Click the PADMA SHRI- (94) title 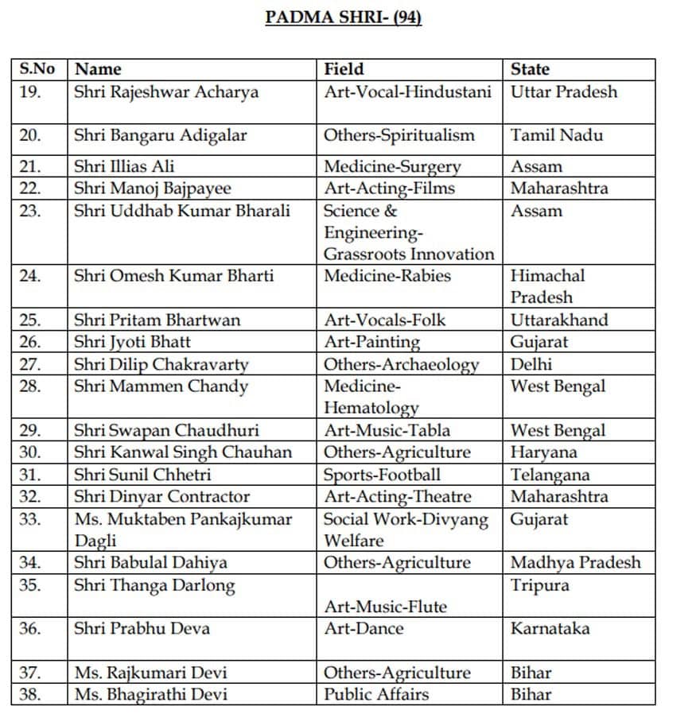[343, 17]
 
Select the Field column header [344, 69]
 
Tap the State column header [530, 69]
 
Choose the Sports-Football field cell [382, 475]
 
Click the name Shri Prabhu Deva [142, 628]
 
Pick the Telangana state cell [550, 475]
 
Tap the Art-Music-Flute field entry [385, 607]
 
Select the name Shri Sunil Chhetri [142, 475]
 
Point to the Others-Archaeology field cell [401, 364]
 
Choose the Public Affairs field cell [376, 694]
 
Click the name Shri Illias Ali [124, 166]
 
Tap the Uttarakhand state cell [559, 320]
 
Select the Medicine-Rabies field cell [387, 276]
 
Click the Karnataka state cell [550, 628]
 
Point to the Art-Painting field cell [371, 342]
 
